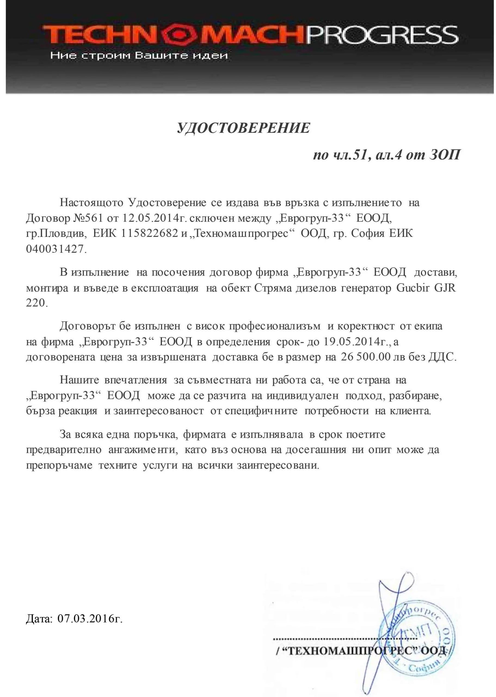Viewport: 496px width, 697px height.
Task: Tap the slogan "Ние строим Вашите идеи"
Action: coord(139,56)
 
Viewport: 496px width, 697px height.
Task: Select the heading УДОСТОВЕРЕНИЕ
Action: coord(244,128)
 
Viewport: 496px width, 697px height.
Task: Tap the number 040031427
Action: coord(55,249)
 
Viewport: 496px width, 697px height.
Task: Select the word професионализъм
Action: coord(275,326)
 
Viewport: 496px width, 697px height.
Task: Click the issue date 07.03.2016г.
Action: coord(90,619)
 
